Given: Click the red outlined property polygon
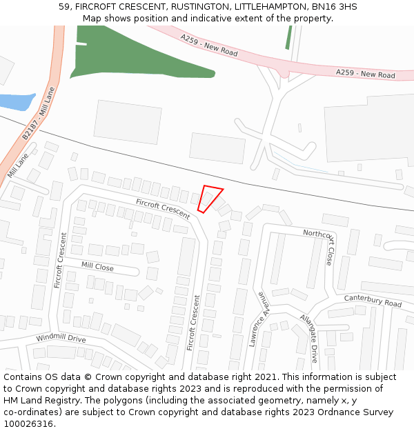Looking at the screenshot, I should click(x=209, y=198).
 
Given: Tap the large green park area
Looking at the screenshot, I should click(x=131, y=59).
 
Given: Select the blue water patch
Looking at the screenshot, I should click(x=15, y=101).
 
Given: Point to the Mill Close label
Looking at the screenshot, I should click(x=97, y=266).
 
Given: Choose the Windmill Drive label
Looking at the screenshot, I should click(x=61, y=339).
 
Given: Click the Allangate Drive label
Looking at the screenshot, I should click(x=308, y=338).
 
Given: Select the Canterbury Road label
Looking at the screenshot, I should click(x=373, y=301).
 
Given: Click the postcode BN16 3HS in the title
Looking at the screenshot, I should click(x=334, y=7).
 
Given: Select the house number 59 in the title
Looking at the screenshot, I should click(x=64, y=7).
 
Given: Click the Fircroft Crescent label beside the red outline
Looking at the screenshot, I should click(x=163, y=208).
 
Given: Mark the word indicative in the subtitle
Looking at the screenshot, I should click(x=207, y=19).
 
